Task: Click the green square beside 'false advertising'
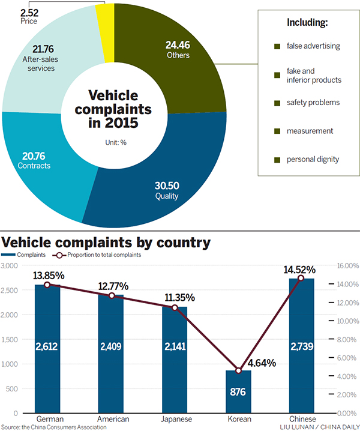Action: pos(277,46)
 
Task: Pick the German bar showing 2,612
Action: pos(47,349)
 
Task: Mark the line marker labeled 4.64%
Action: pos(238,370)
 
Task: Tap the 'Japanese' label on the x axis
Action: pos(175,419)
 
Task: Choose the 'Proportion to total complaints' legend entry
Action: pos(105,255)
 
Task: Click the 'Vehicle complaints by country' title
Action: pos(106,243)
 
